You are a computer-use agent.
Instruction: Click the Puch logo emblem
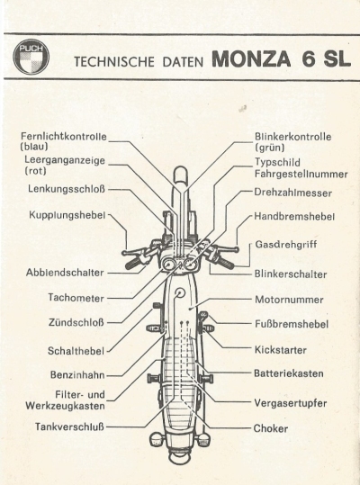pos(31,57)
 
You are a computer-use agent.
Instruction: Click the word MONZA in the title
pos(251,58)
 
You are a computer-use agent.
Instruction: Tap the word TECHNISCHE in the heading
pos(113,61)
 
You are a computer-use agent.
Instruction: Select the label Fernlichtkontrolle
pos(64,137)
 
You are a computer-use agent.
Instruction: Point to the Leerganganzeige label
pos(65,160)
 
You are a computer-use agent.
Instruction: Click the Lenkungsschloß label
pos(67,189)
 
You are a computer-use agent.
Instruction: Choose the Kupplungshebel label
pos(67,215)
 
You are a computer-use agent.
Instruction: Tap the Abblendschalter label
pos(65,273)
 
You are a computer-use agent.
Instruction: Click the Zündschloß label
pos(76,322)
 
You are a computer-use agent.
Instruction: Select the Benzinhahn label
pos(77,375)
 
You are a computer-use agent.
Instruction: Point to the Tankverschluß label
pos(69,427)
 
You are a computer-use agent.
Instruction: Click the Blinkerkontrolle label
pos(292,137)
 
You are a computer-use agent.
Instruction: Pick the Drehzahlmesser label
pos(292,193)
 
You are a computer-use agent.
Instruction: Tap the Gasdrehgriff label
pos(286,245)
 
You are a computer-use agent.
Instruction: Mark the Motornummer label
pos(289,300)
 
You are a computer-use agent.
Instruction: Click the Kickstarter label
pos(281,350)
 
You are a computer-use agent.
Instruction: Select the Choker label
pos(271,428)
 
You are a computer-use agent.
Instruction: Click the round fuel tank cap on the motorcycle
pos(179,292)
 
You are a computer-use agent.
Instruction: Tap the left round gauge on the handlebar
pos(168,265)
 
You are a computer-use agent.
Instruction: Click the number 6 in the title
pos(308,58)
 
